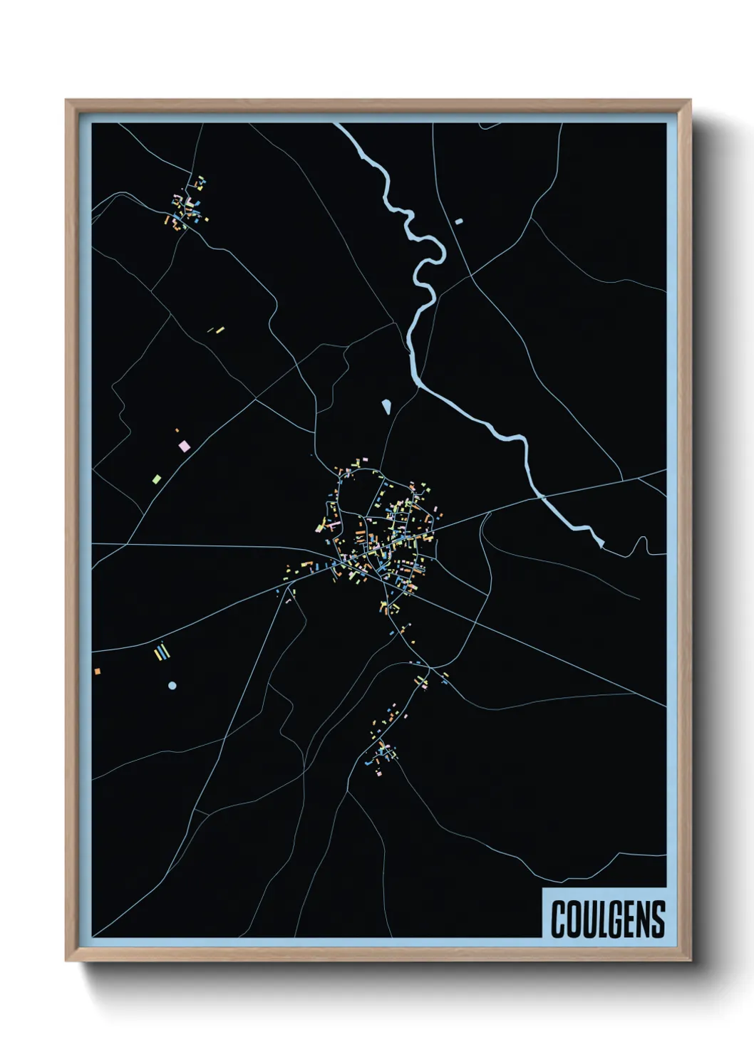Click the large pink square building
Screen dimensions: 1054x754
[x=185, y=447]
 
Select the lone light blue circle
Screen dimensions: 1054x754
[x=172, y=686]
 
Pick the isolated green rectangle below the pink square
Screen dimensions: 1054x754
[x=157, y=479]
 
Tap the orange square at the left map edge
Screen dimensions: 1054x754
[x=97, y=671]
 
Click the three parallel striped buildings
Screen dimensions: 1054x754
[x=162, y=652]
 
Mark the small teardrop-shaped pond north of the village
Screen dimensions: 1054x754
[x=386, y=407]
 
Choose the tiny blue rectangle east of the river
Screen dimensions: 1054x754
[x=459, y=221]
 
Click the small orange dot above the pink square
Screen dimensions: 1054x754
[x=177, y=430]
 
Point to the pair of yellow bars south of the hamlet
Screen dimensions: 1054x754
[x=216, y=330]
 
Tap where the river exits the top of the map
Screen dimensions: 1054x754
[x=339, y=127]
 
